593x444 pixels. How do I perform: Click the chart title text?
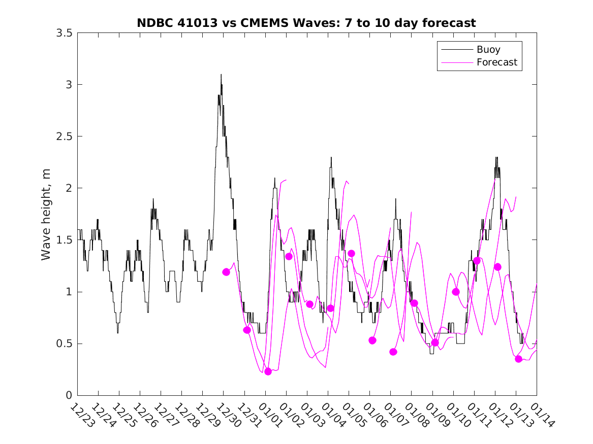306,23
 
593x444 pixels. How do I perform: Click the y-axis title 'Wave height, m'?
46,214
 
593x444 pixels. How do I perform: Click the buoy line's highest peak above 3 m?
221,75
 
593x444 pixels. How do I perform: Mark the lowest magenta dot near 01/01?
268,371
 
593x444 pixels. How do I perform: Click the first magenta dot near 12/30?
226,272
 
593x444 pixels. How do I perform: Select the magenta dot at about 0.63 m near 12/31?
247,330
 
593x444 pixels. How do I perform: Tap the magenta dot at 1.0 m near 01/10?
456,292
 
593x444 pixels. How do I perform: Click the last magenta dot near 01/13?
518,359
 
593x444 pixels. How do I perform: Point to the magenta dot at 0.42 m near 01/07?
393,352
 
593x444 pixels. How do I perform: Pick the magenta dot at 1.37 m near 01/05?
351,253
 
